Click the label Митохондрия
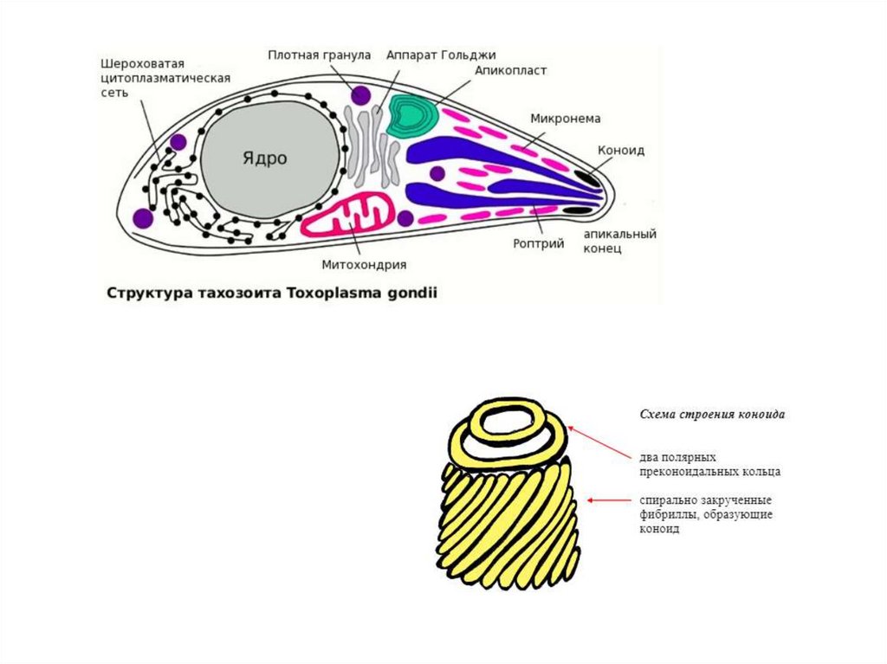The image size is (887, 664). coord(364,265)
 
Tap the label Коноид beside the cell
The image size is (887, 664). coord(620,150)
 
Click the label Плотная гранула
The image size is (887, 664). coord(319,54)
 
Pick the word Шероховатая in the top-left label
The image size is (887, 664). coord(141,63)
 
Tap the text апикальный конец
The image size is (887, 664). coord(618,241)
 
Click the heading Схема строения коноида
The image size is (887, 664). coord(712,415)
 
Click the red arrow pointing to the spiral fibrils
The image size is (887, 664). coord(610,499)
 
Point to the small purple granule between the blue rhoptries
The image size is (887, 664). coord(437,173)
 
